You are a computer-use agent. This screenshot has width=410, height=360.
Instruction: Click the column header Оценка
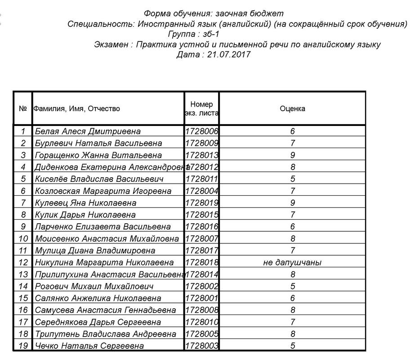[292, 108]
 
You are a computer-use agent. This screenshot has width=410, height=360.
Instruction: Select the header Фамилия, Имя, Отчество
[77, 108]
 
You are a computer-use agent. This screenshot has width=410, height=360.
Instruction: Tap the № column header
[23, 108]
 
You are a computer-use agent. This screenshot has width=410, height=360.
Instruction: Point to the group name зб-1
[211, 34]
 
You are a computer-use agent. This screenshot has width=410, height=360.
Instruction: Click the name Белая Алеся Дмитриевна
[88, 131]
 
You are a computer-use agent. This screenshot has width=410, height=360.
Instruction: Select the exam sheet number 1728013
[201, 155]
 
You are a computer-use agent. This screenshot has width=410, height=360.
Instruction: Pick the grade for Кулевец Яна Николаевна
[292, 202]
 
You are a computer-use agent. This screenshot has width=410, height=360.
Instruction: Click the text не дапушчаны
[292, 262]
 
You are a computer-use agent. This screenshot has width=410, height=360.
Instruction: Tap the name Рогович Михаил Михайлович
[94, 286]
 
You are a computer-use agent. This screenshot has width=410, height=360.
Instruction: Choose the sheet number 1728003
[201, 346]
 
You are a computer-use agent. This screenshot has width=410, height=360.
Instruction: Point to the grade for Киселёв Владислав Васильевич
[292, 179]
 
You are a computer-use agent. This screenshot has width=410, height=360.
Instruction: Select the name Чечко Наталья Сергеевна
[89, 346]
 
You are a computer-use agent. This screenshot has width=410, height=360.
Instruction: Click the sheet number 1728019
[201, 202]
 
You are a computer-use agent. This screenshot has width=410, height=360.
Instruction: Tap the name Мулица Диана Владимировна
[95, 250]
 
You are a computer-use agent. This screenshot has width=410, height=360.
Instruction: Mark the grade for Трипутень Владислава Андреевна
[292, 334]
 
